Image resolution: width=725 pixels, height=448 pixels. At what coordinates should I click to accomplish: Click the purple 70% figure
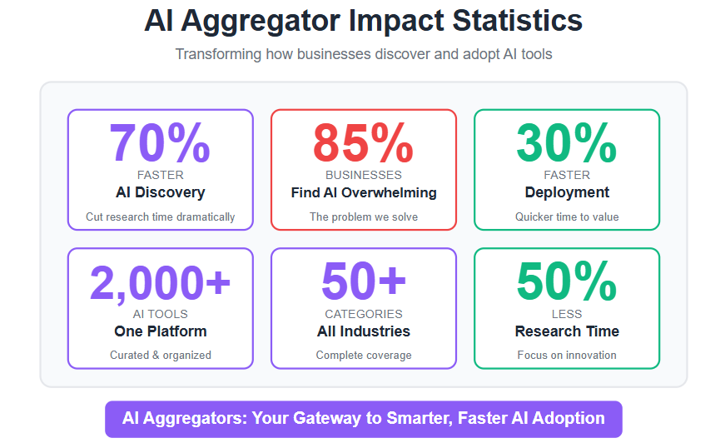click(160, 143)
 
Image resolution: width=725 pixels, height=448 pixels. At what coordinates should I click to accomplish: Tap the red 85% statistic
click(364, 143)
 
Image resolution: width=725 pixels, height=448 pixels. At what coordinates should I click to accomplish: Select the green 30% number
click(567, 143)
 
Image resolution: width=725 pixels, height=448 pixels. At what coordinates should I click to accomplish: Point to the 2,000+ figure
click(160, 282)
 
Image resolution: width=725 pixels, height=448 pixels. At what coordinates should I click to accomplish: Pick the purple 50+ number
click(364, 281)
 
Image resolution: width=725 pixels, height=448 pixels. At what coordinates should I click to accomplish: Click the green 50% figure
click(567, 281)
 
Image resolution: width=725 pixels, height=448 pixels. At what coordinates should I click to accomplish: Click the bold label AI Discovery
click(160, 192)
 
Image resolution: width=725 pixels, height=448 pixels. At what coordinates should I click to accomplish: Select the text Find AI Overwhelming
click(364, 192)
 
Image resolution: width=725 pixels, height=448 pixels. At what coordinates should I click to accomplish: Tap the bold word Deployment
click(567, 192)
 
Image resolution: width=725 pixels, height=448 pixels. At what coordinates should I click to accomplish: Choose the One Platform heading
click(160, 331)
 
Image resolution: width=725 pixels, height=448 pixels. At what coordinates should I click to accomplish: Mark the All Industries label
click(364, 331)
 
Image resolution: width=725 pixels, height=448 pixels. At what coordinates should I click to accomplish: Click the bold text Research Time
click(567, 331)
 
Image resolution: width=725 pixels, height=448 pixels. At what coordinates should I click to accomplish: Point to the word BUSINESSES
click(364, 175)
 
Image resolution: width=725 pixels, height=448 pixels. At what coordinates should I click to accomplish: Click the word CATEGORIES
click(364, 314)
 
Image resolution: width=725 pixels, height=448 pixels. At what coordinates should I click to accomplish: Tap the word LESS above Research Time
click(567, 314)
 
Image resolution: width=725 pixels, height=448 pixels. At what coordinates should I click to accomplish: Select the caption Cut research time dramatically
click(160, 217)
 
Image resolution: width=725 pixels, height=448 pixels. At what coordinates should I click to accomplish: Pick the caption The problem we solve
click(364, 217)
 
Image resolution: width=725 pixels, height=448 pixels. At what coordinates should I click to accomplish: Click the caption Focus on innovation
click(567, 355)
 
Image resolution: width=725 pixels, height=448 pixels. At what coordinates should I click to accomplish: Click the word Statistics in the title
click(518, 20)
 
